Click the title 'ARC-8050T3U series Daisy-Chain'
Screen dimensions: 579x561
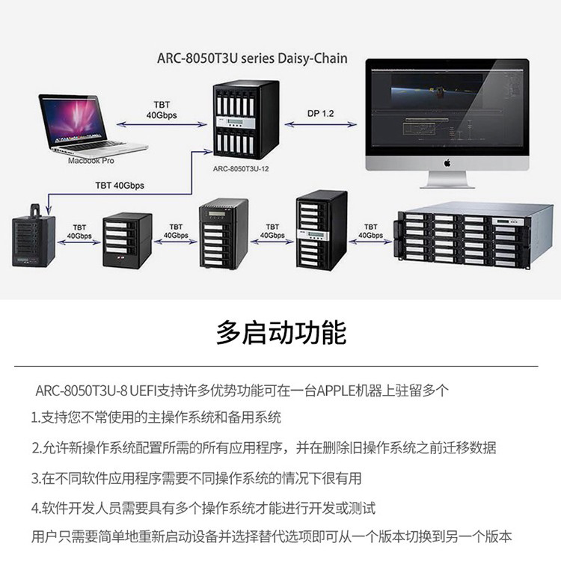click(252, 58)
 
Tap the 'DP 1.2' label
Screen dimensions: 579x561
click(321, 113)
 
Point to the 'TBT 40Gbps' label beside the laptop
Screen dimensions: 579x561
click(161, 110)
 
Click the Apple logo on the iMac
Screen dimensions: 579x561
click(447, 162)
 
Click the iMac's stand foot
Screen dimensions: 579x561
click(447, 184)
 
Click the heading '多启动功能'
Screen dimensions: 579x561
click(281, 331)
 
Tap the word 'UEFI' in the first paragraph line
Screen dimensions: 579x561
click(144, 390)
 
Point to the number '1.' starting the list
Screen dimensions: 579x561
click(35, 418)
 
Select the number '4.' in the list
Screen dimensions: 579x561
click(36, 509)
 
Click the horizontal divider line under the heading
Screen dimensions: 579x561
click(280, 366)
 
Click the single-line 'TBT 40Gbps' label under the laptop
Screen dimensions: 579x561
click(120, 185)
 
